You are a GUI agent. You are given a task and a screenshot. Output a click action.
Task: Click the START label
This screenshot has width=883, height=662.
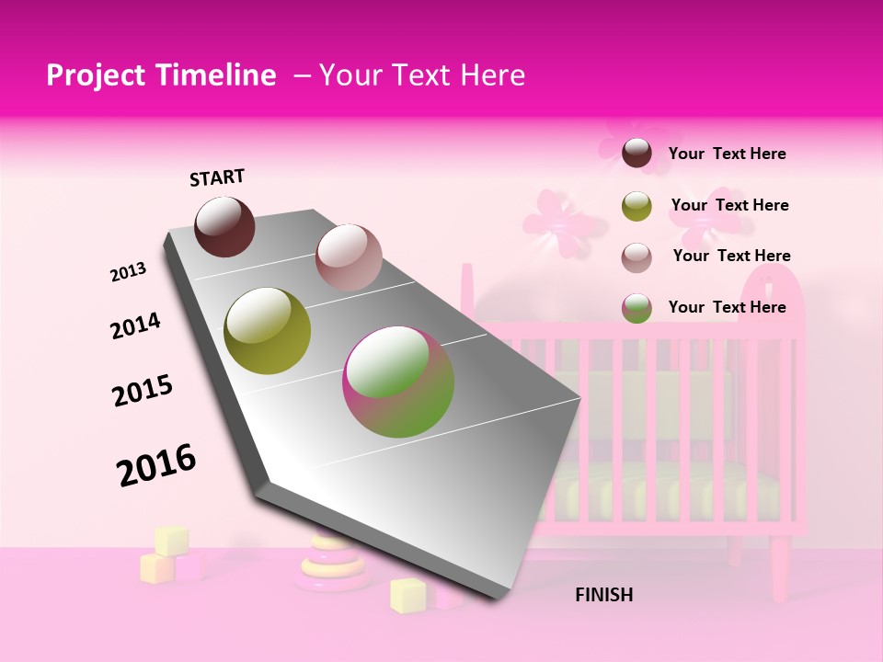click(x=217, y=177)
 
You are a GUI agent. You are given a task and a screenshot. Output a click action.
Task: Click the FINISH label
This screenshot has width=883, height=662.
click(x=603, y=595)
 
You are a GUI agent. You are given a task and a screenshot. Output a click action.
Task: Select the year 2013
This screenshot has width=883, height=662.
click(x=128, y=271)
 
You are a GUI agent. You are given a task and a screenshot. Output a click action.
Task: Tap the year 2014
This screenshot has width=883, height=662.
click(x=135, y=325)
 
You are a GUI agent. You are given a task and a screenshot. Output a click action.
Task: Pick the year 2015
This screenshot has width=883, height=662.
click(x=143, y=391)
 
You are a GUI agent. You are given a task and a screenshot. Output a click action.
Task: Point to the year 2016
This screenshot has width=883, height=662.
click(x=156, y=464)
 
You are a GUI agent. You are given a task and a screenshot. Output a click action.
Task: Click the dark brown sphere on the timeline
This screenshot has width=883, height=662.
click(x=224, y=226)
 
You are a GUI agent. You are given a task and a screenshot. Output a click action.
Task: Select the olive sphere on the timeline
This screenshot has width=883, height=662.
click(x=267, y=331)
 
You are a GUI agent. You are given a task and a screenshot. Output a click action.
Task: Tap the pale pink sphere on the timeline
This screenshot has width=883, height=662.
click(x=348, y=257)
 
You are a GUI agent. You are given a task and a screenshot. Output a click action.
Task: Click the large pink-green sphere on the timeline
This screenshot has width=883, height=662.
click(x=397, y=382)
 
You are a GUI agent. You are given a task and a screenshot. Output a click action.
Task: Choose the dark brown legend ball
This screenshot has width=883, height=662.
click(x=636, y=154)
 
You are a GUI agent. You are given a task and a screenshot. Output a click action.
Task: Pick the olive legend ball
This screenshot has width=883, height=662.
click(x=636, y=206)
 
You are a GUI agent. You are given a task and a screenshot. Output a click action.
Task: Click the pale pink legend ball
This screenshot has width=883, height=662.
click(x=636, y=257)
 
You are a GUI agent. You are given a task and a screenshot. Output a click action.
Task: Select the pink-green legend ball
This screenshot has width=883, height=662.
click(x=636, y=308)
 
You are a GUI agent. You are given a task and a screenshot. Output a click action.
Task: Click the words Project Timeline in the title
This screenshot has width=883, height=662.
click(x=161, y=76)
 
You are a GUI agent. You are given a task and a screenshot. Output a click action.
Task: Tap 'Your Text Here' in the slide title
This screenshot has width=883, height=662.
click(x=421, y=76)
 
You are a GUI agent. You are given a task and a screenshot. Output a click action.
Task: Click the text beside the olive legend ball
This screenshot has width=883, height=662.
click(x=729, y=205)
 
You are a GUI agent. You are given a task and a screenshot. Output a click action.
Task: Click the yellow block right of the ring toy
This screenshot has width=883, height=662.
click(x=407, y=595)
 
